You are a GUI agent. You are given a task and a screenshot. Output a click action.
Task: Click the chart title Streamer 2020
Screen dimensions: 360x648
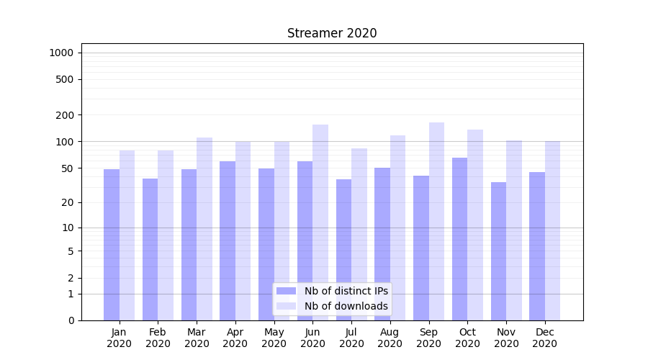coord(332,33)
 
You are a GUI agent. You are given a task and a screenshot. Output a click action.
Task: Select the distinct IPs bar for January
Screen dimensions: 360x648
coord(112,245)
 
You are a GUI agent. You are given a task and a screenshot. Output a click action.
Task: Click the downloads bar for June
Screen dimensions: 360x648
coord(320,222)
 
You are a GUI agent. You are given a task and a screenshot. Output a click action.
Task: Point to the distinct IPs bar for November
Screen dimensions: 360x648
coord(498,251)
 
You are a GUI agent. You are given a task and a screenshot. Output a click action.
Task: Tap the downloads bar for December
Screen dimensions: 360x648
coord(552,230)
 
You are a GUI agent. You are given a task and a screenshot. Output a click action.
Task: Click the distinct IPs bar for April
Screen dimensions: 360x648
coord(228,240)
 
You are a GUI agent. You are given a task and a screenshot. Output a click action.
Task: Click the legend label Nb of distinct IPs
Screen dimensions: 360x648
coord(346,291)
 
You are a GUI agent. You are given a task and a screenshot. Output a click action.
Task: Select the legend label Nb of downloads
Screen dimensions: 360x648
coord(346,306)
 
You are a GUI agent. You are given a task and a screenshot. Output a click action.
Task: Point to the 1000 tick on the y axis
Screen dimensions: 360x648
coord(61,53)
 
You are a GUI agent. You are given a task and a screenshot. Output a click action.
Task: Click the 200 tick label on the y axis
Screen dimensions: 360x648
coord(64,115)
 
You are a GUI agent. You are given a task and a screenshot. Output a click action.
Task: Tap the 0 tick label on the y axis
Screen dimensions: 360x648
coord(71,320)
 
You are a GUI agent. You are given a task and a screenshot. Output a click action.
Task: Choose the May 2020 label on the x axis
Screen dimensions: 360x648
coord(274,338)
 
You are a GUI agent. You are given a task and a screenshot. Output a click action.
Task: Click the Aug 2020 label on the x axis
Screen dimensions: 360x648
coord(390,338)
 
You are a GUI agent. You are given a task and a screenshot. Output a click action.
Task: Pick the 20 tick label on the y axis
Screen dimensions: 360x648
coord(67,202)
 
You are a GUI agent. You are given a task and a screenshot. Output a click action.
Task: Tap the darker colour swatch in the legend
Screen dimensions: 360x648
coord(286,291)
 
